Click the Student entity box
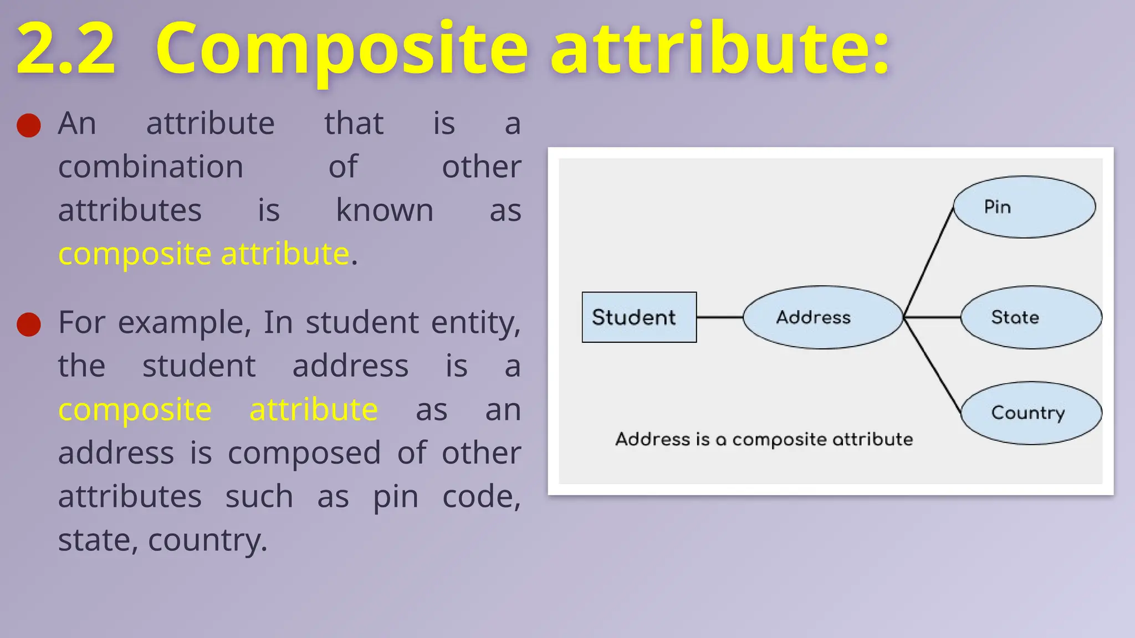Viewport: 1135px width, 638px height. [639, 317]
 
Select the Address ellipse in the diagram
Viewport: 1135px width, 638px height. [822, 317]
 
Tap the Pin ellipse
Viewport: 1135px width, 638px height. [1024, 207]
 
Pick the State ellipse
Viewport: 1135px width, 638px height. [1031, 317]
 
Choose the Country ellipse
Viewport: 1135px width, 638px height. [1031, 413]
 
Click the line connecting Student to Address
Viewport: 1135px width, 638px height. [719, 317]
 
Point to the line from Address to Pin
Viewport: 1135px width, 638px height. [929, 260]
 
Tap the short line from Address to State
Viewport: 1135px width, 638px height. [932, 317]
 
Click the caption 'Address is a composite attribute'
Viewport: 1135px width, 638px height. [764, 439]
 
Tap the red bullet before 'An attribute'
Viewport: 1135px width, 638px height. [29, 125]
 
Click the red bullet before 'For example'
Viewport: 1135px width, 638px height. [29, 324]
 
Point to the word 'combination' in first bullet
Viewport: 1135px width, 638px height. [151, 167]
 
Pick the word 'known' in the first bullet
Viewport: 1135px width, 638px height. [385, 210]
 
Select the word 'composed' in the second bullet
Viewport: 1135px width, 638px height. [304, 453]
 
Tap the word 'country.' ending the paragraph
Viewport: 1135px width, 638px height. [208, 540]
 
